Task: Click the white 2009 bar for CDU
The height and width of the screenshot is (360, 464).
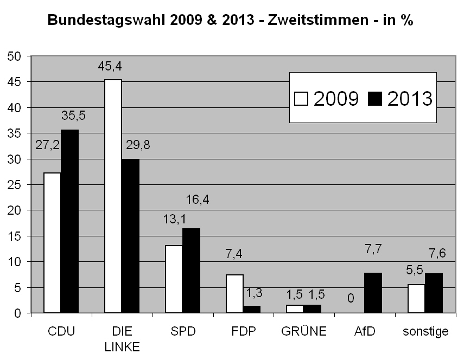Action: click(x=52, y=242)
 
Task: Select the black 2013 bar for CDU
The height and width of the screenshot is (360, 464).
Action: click(x=69, y=221)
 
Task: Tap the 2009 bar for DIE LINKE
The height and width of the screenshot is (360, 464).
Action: click(x=113, y=196)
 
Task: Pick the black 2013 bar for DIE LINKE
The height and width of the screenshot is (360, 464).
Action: click(x=130, y=236)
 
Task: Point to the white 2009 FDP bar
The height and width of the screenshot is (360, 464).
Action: click(x=234, y=293)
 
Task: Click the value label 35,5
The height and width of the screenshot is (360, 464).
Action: click(x=74, y=115)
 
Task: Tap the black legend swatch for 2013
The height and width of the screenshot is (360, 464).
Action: click(x=375, y=98)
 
